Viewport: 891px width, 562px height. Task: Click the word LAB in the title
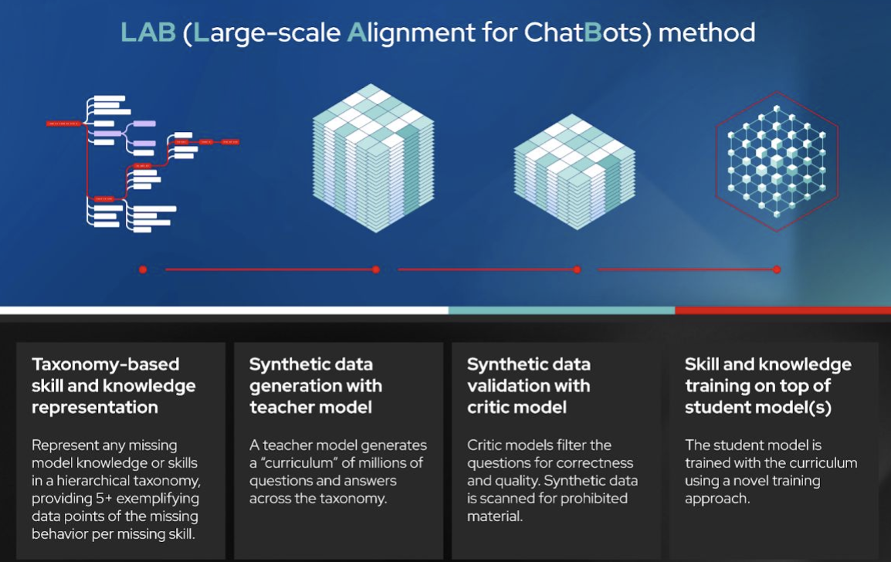(147, 33)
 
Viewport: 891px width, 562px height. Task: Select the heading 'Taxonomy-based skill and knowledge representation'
(113, 385)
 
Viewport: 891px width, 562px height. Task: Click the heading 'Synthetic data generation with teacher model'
(315, 385)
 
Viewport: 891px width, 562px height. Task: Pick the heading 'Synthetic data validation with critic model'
(529, 385)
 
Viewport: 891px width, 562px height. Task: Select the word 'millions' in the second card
(376, 462)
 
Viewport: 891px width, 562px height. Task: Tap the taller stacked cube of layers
(373, 159)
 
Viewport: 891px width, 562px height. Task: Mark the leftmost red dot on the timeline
(143, 269)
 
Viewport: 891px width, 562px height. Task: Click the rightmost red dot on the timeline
(777, 269)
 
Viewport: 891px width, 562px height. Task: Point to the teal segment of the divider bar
(561, 310)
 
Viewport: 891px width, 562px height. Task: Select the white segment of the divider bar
(224, 310)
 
